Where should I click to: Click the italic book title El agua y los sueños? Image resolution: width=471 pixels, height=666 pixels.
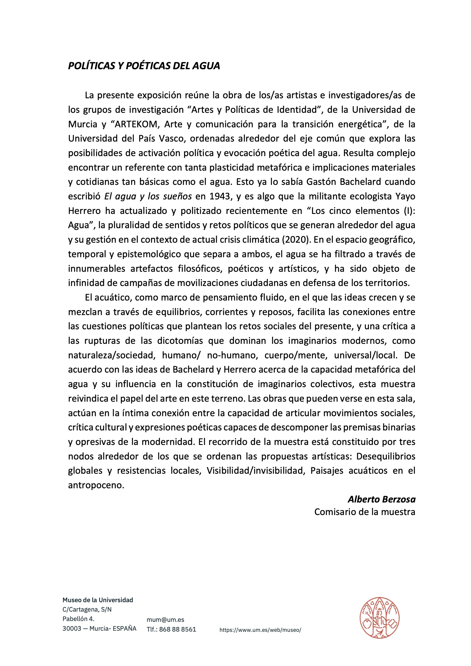point(148,196)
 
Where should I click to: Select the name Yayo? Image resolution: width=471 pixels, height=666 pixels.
point(406,196)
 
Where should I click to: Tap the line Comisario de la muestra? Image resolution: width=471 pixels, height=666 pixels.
point(364,512)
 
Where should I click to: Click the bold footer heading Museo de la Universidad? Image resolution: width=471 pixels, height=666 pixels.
point(98,600)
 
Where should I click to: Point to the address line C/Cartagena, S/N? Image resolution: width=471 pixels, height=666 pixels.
point(87,609)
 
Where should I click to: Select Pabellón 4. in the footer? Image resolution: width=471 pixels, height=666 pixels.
point(79,619)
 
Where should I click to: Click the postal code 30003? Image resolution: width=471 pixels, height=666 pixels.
point(72,628)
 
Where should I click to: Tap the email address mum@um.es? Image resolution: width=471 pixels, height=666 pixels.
point(165,620)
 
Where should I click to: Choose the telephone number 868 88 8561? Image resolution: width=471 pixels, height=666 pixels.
point(177,629)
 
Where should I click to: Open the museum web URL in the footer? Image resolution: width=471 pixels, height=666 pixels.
point(260,630)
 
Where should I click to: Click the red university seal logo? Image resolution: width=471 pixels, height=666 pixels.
point(379,618)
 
